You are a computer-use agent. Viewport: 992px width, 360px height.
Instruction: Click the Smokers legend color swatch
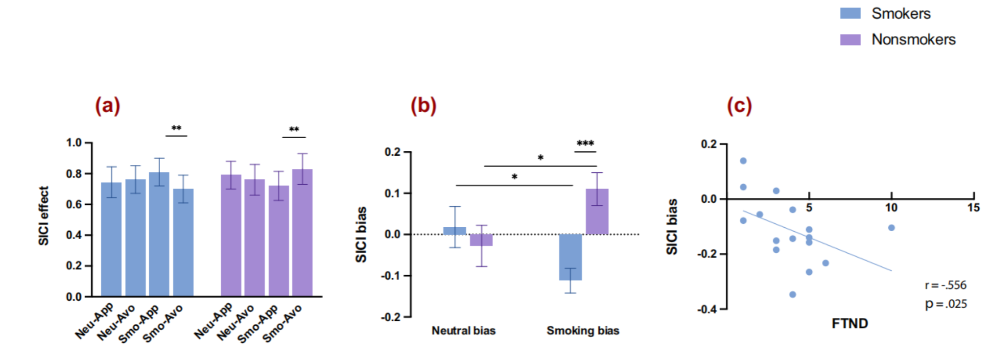(850, 13)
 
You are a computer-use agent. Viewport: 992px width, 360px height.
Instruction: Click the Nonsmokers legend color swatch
(850, 40)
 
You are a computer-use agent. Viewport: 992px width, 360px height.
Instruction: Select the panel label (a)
(107, 105)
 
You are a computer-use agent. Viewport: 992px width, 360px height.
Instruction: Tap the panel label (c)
(739, 105)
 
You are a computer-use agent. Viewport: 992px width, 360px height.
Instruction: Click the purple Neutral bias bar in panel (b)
(481, 240)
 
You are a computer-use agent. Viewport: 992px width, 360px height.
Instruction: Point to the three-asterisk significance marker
(585, 144)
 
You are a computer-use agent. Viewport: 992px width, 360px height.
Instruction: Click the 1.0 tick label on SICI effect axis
(74, 143)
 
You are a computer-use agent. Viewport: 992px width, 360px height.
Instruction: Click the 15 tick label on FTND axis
(973, 208)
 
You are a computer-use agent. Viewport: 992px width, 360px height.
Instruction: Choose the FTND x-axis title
(850, 323)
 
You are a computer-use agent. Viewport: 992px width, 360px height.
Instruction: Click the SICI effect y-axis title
(44, 216)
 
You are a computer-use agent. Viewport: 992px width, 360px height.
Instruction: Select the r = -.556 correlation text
(945, 285)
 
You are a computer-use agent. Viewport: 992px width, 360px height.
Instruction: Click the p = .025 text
(945, 304)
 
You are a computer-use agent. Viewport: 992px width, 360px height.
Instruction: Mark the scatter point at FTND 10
(891, 228)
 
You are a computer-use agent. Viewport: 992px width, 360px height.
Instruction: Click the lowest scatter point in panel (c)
(792, 294)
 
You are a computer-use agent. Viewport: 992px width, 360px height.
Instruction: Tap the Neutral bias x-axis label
(463, 331)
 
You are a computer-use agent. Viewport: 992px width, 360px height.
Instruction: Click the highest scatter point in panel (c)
(743, 161)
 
